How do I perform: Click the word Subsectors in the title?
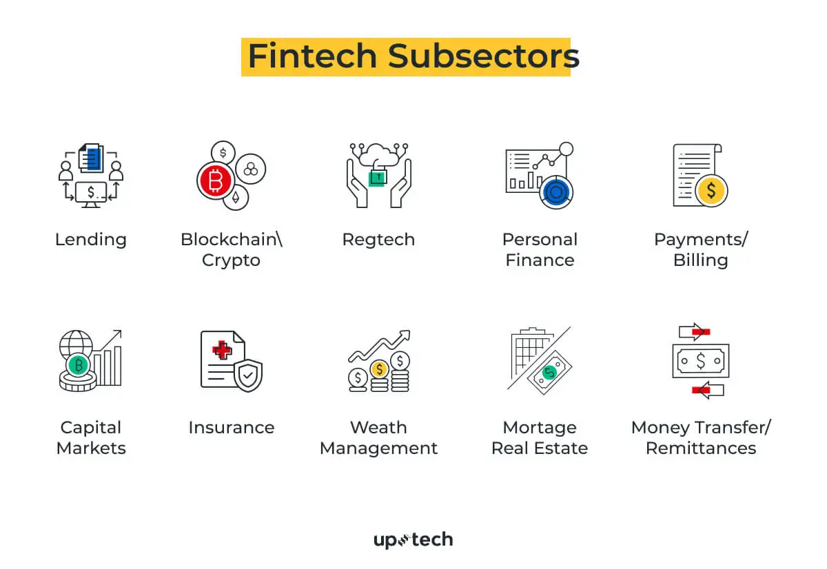click(483, 56)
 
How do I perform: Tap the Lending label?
click(91, 240)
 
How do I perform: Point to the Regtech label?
click(378, 240)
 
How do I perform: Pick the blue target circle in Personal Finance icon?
click(555, 191)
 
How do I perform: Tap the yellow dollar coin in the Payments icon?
click(711, 189)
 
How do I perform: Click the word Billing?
click(700, 260)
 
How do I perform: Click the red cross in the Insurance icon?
click(222, 351)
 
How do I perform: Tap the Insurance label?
click(231, 428)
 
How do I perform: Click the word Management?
click(378, 448)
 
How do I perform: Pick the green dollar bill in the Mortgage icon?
click(549, 373)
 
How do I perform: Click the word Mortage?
click(540, 428)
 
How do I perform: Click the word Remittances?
click(700, 448)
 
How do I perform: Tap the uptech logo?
click(413, 540)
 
